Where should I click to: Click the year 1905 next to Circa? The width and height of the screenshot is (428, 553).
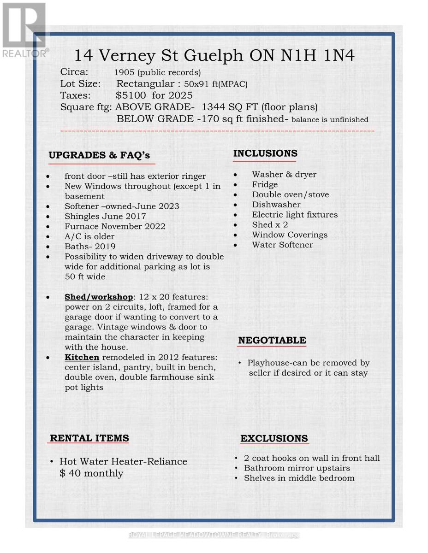[x=125, y=72]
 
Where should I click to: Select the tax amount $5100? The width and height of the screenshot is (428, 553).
[x=131, y=95]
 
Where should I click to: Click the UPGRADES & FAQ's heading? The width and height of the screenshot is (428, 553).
[x=99, y=155]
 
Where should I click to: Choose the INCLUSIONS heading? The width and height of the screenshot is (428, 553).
[x=265, y=153]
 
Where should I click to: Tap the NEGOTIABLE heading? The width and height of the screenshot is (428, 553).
[x=272, y=341]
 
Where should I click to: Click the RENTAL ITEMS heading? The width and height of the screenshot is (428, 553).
[x=89, y=438]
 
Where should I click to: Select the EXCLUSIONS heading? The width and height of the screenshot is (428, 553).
[x=274, y=438]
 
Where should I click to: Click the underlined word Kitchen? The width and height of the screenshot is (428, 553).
[x=82, y=358]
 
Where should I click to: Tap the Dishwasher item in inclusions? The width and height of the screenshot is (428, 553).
[x=276, y=205]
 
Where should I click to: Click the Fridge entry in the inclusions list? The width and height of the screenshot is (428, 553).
[x=265, y=184]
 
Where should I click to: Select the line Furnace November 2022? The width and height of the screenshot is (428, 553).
[x=114, y=226]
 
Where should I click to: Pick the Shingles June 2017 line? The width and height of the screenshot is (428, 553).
[x=105, y=216]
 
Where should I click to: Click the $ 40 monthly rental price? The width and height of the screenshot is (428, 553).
[x=91, y=473]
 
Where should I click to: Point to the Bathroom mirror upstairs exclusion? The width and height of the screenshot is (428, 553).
[x=297, y=468]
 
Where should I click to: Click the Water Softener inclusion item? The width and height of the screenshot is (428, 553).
[x=282, y=245]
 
